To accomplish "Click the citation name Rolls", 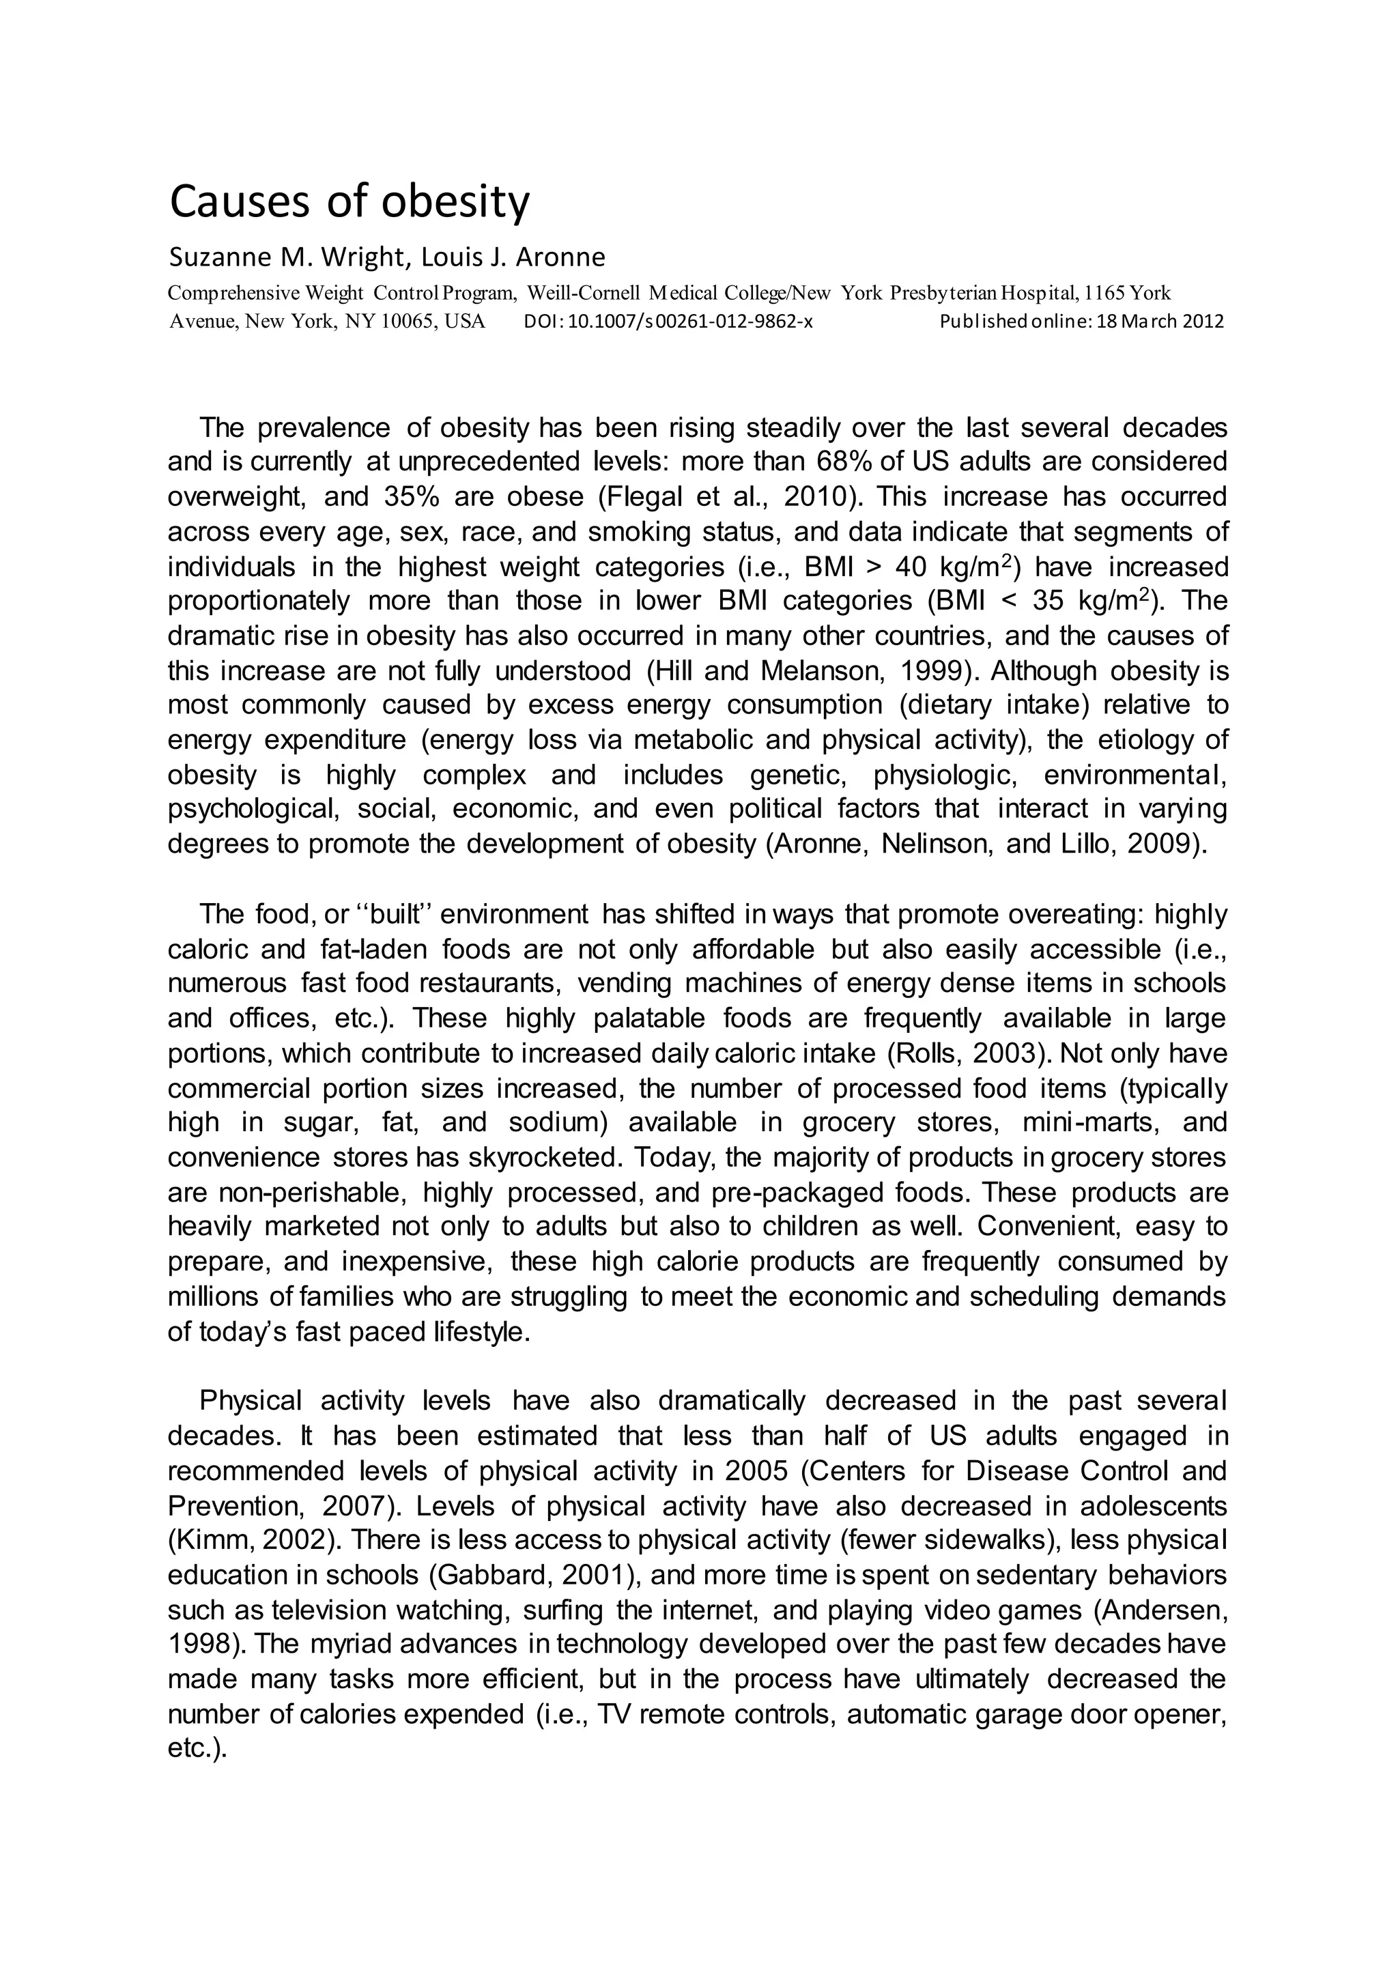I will pos(931,1054).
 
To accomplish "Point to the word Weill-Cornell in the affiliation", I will pos(577,294).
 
